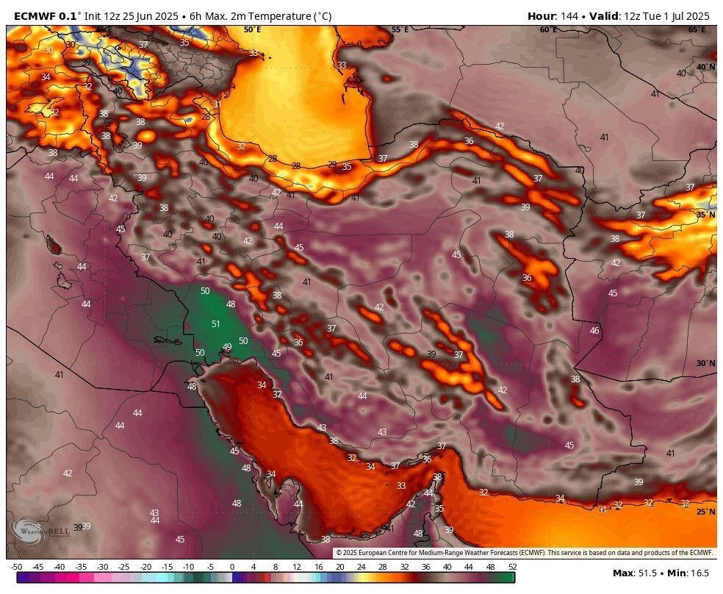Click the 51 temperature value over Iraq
pos(215,324)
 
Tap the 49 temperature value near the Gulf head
pos(227,347)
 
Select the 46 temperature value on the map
pos(594,331)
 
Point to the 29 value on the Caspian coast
pos(332,165)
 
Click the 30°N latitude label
pos(705,363)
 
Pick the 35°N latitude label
pos(705,215)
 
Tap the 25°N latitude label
pos(705,512)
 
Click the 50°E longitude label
pos(252,29)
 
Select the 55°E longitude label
pos(400,29)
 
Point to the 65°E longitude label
pos(697,29)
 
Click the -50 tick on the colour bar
pos(16,567)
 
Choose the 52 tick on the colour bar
pos(511,567)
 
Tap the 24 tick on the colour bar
pos(361,567)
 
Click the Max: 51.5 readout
pos(636,573)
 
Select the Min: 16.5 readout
pos(691,573)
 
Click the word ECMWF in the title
pos(35,15)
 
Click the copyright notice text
pos(525,553)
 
